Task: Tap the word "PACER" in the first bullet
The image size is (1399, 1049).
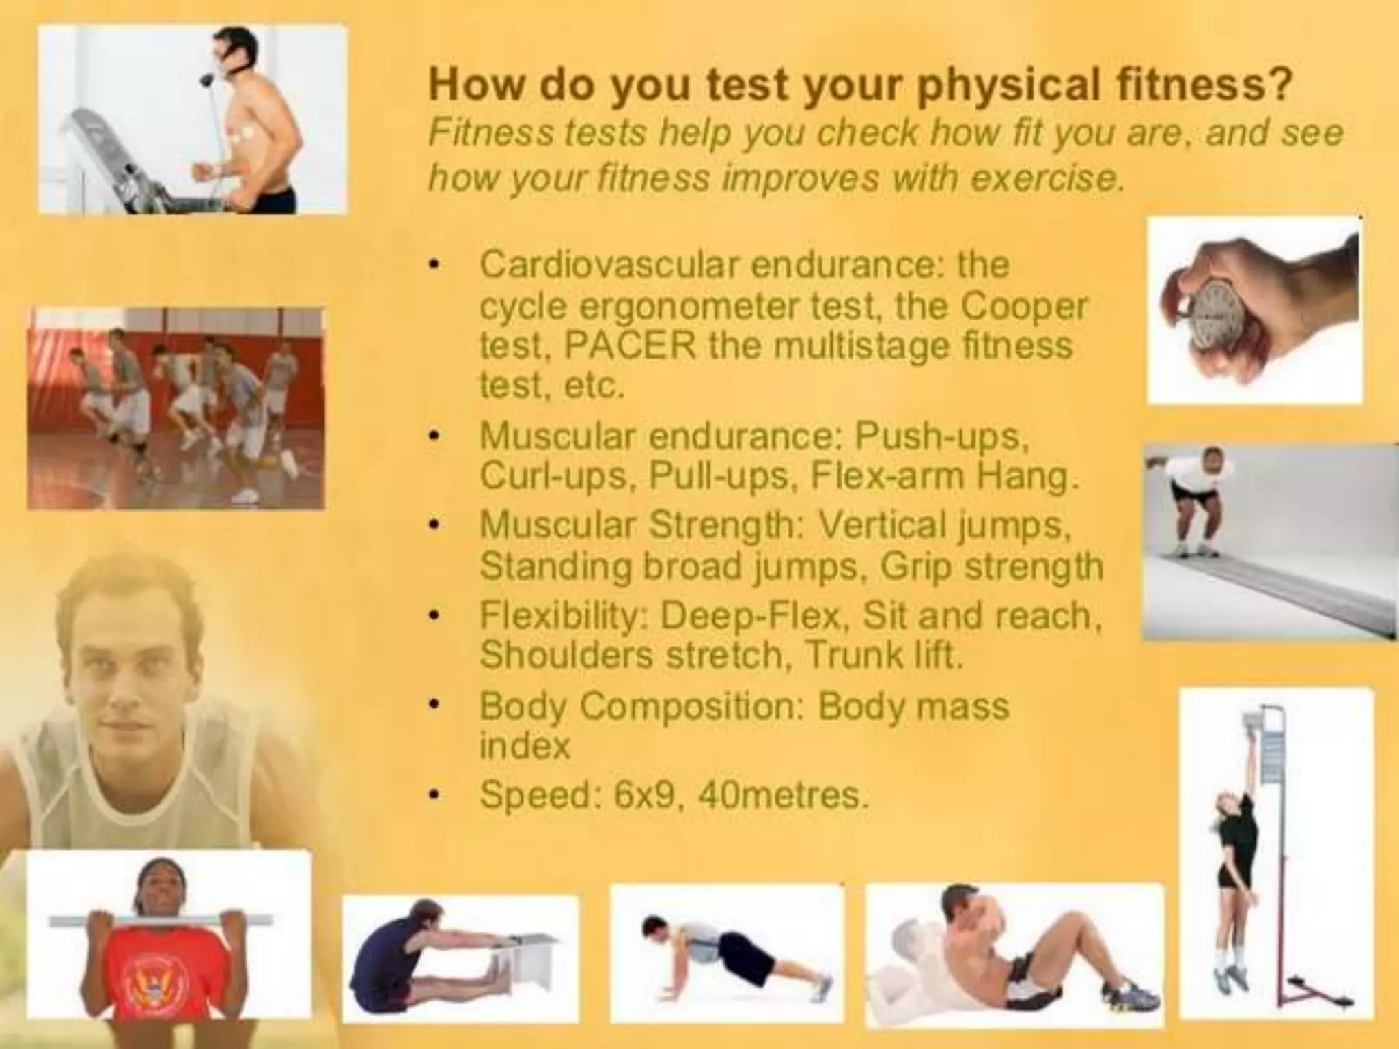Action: click(628, 346)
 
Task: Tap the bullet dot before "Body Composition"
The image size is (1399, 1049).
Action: click(432, 706)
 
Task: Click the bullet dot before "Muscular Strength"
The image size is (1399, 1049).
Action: click(432, 527)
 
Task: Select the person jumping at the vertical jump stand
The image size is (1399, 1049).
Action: click(1236, 861)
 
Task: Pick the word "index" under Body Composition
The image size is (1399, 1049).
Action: click(524, 746)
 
